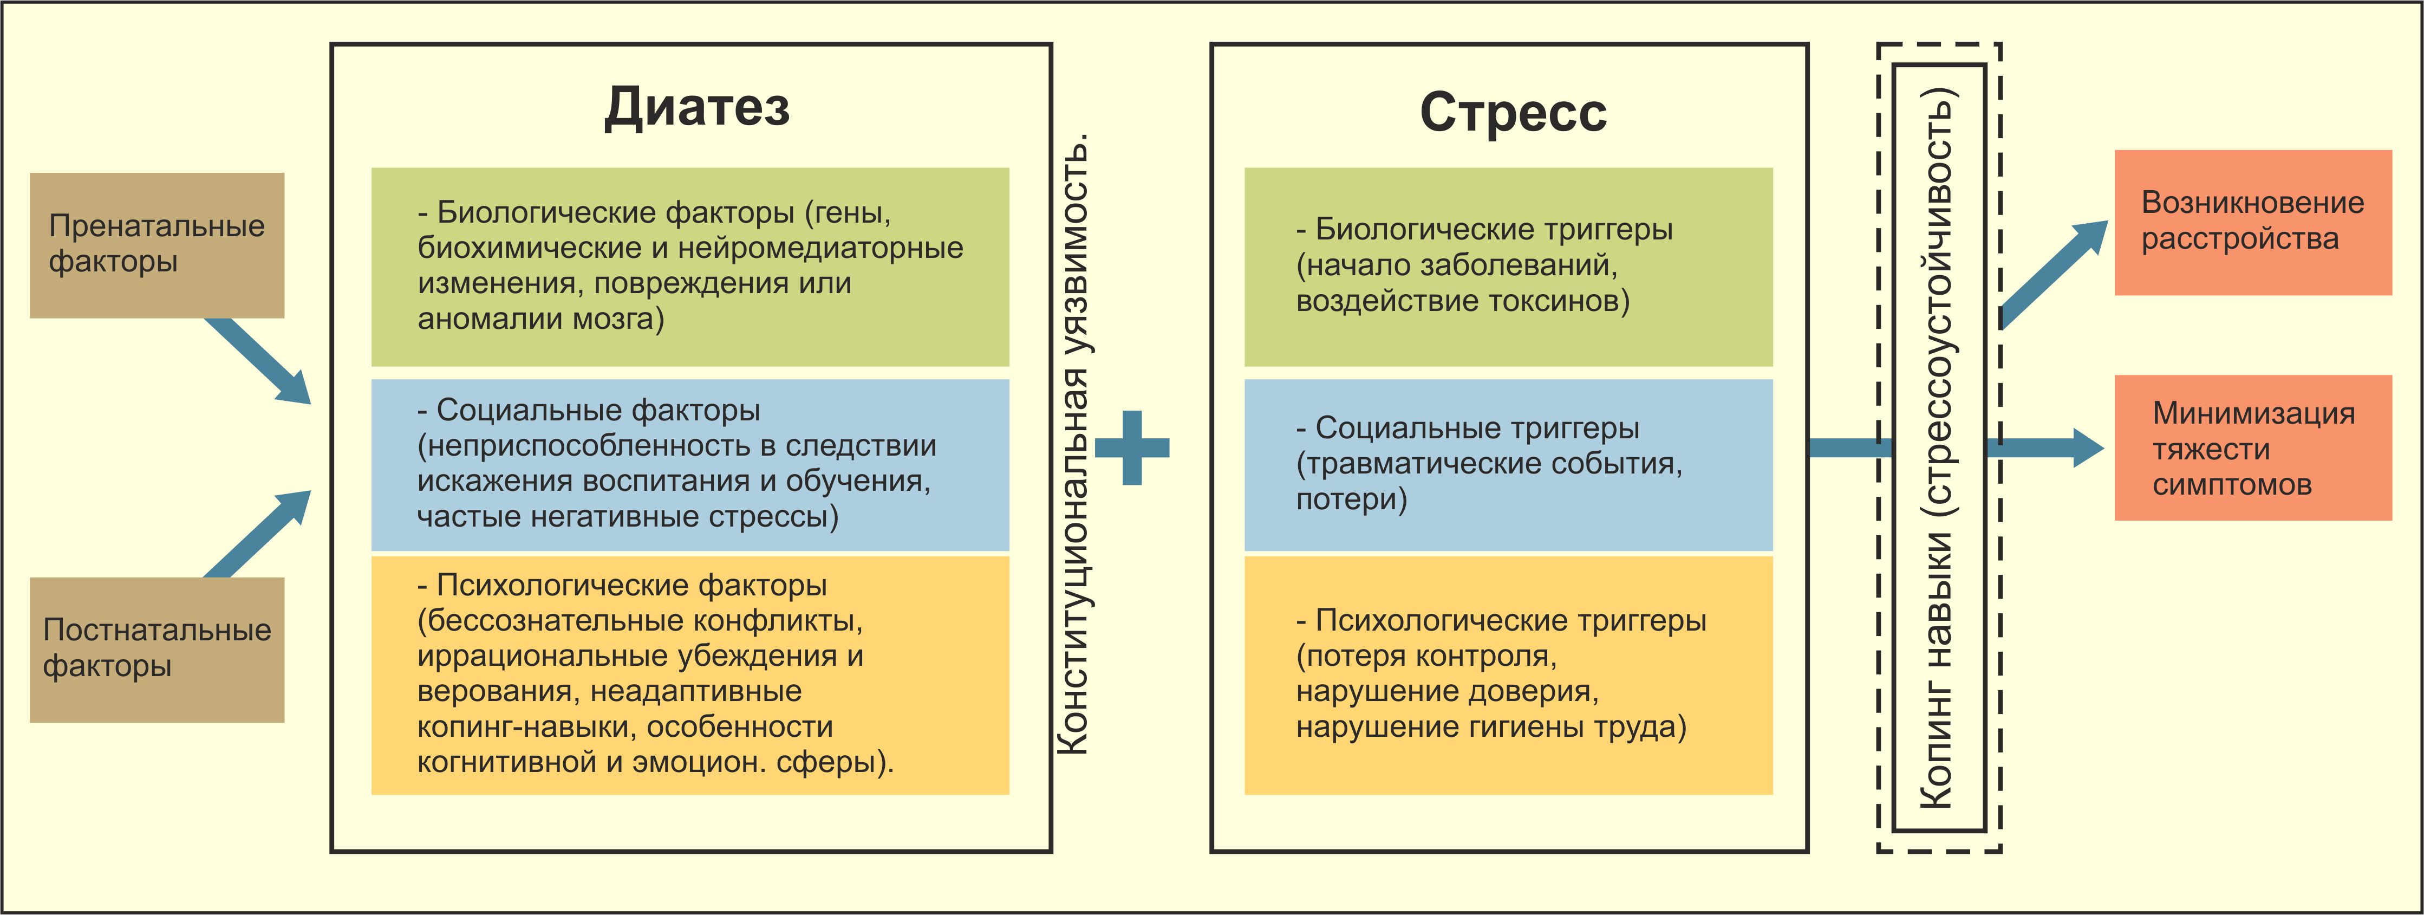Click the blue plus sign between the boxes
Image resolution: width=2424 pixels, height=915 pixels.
1132,448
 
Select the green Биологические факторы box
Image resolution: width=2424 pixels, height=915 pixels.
690,267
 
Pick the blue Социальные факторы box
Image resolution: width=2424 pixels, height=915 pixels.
690,464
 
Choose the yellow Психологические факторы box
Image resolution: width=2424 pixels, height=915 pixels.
690,674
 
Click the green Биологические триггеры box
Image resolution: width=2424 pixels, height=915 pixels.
1508,267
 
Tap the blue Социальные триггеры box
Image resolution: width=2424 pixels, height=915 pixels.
1508,464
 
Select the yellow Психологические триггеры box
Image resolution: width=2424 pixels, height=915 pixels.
1508,674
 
